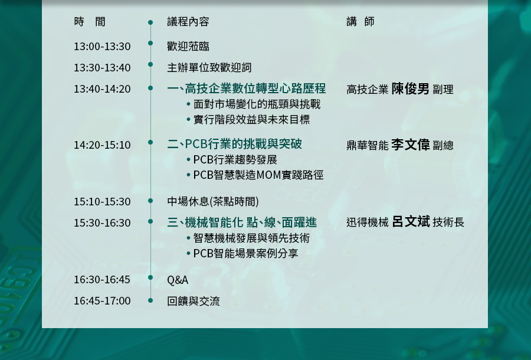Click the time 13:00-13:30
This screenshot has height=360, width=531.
tap(102, 47)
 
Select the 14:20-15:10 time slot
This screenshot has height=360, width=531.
tap(102, 145)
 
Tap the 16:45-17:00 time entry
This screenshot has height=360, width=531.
tap(102, 301)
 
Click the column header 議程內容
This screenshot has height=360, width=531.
tap(188, 22)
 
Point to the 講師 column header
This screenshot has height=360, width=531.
tap(360, 22)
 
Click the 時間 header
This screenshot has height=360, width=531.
tap(90, 22)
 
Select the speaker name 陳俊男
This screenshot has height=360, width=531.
tap(410, 89)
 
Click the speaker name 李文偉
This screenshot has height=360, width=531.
tap(411, 145)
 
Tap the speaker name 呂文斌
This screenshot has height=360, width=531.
tap(411, 221)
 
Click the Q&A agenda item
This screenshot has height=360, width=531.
tap(178, 280)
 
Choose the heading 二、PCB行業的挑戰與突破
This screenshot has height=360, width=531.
tap(234, 144)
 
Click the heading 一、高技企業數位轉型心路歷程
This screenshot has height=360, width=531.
tap(247, 89)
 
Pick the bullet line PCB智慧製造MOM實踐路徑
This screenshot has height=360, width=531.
tap(258, 175)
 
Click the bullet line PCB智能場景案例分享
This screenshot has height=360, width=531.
tap(245, 253)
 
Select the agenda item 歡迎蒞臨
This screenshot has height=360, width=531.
tap(188, 47)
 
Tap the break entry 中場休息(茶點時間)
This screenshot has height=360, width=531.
tap(212, 201)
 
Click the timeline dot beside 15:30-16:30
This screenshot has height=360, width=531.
tap(150, 221)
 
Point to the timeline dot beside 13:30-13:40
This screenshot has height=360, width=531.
tap(150, 64)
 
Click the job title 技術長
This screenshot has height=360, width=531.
tap(448, 222)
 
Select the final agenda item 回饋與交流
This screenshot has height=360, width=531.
tap(194, 301)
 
